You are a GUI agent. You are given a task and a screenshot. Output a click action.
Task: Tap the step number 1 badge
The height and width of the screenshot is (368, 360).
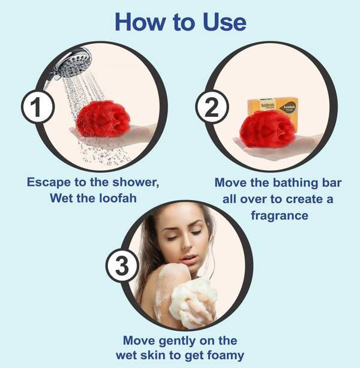point(38,108)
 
